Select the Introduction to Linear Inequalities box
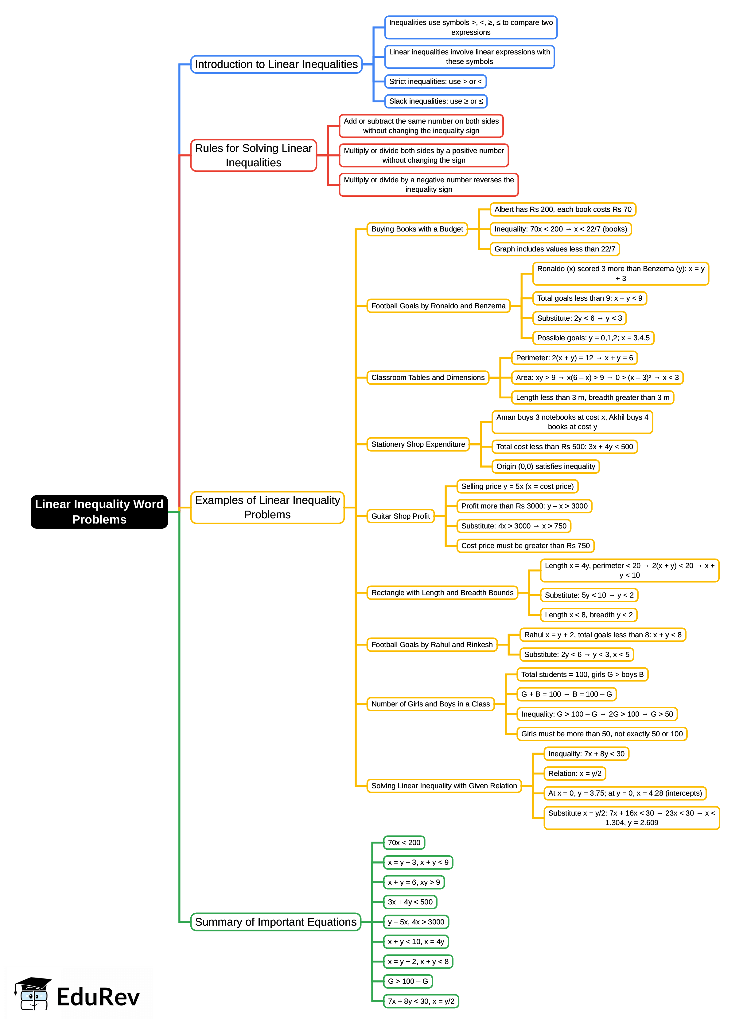click(x=276, y=64)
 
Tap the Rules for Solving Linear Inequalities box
click(x=253, y=155)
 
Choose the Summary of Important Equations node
click(x=275, y=922)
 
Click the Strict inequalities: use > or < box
click(x=435, y=81)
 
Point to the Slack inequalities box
click(x=435, y=101)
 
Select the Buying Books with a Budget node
click(x=417, y=229)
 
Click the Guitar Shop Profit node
click(x=400, y=516)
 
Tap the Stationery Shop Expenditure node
click(x=418, y=444)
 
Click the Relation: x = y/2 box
click(x=575, y=773)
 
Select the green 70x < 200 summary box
click(x=404, y=842)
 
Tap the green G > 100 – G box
click(x=407, y=981)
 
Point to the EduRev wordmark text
click(x=98, y=997)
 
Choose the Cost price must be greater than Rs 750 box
click(x=525, y=546)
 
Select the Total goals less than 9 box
click(x=589, y=298)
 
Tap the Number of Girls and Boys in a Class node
click(x=430, y=704)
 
